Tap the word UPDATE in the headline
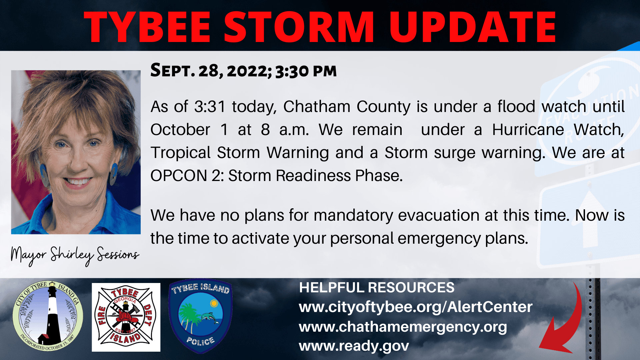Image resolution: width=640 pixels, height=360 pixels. click(x=472, y=27)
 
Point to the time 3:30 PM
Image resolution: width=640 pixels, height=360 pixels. click(x=306, y=71)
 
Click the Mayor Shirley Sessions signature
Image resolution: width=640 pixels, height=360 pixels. click(x=75, y=255)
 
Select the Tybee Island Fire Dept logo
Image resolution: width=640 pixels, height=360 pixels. click(x=126, y=317)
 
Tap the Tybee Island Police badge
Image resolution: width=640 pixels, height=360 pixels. click(x=200, y=316)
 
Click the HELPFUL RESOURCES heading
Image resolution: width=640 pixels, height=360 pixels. click(x=376, y=288)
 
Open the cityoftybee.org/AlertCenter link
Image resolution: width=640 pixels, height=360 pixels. click(x=415, y=307)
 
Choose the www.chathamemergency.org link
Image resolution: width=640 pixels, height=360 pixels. click(x=403, y=327)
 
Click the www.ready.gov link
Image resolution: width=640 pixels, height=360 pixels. click(x=354, y=346)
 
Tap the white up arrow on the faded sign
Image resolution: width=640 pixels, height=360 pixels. click(x=590, y=217)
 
